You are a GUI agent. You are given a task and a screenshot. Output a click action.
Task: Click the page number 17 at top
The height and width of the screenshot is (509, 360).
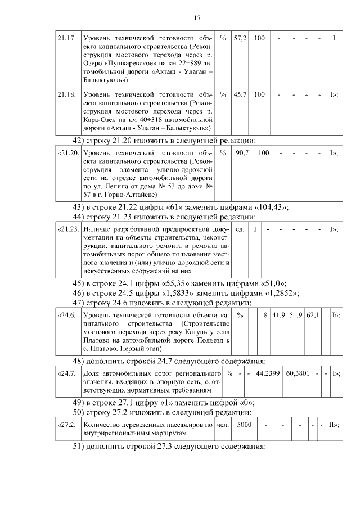(197, 18)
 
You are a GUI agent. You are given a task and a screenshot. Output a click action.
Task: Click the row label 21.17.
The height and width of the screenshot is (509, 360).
(66, 38)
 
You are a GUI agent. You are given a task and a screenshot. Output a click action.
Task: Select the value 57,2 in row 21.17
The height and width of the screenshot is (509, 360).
(240, 38)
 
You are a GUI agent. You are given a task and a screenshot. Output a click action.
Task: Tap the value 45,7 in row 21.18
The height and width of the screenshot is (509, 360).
(240, 94)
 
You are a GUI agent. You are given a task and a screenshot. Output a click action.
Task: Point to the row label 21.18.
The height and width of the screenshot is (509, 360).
(66, 94)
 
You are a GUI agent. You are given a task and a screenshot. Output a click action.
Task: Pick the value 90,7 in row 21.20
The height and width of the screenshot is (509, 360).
(242, 152)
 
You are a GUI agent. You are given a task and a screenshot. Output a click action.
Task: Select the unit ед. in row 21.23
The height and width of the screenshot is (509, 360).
(240, 229)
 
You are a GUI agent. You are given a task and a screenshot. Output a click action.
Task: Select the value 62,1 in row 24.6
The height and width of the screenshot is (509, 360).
(313, 315)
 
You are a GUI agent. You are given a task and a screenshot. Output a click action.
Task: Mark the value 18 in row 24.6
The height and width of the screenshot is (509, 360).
(262, 315)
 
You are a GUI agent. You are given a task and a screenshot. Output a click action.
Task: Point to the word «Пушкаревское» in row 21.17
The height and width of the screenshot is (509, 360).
(129, 64)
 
